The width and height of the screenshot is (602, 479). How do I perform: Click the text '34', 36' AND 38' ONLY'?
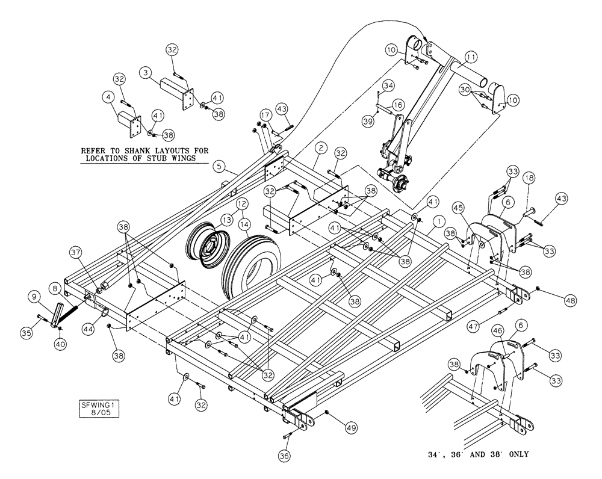pos(476,454)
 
